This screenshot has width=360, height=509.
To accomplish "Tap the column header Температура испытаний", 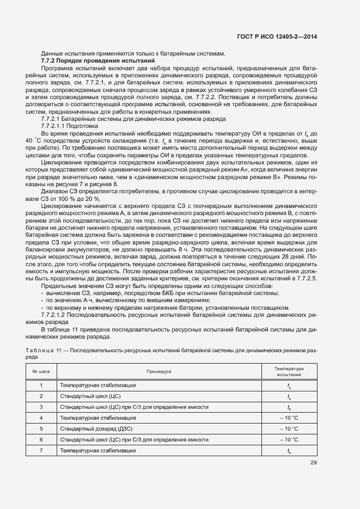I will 289,371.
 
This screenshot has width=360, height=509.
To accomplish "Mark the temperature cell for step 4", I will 289,418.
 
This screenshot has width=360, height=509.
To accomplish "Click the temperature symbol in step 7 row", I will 289,450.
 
